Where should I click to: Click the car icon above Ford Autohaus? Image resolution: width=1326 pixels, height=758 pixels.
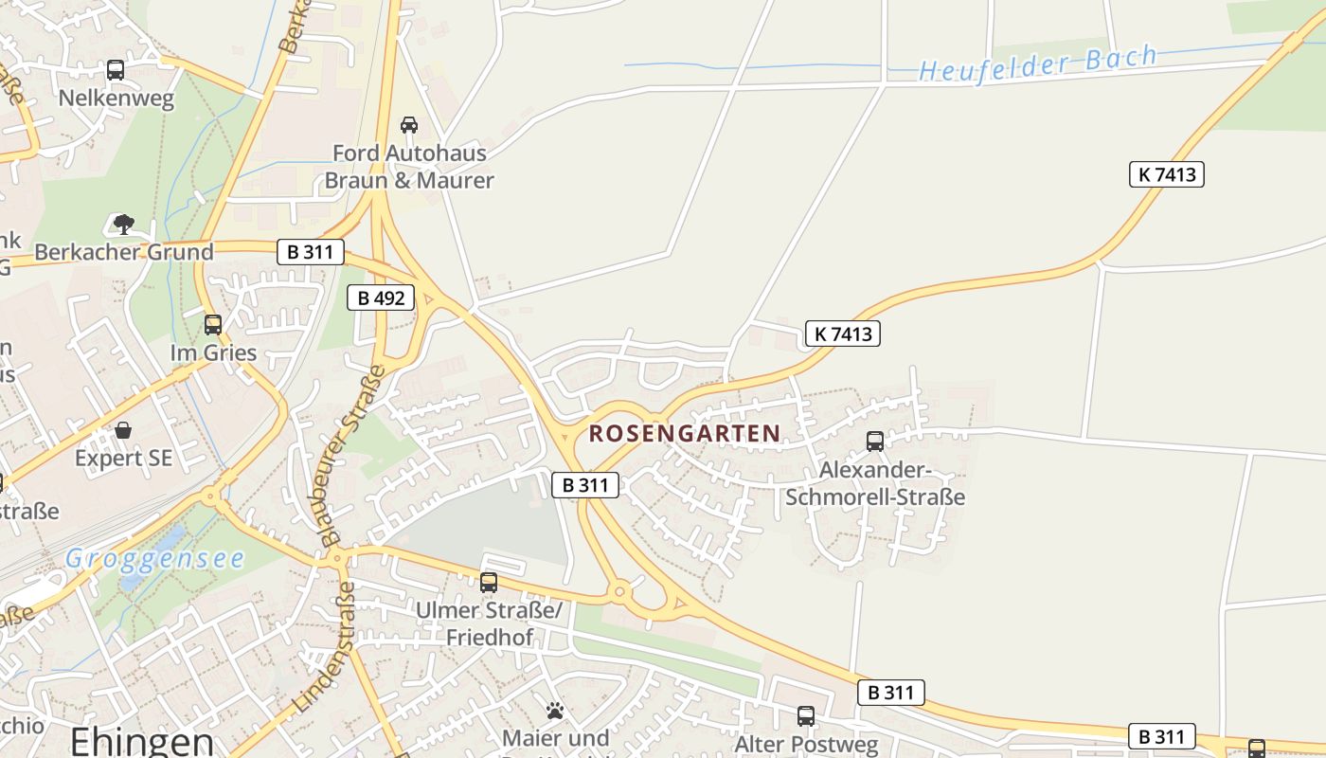click(409, 124)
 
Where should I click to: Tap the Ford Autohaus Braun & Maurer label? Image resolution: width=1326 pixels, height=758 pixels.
click(409, 166)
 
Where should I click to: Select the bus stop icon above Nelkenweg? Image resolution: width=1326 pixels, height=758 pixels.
click(116, 69)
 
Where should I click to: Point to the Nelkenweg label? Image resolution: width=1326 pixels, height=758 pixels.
click(116, 99)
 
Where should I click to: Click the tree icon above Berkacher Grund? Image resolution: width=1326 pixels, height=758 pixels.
click(123, 225)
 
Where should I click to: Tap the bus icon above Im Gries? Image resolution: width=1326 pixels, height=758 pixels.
click(213, 324)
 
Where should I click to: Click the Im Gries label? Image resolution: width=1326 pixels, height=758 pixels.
click(213, 353)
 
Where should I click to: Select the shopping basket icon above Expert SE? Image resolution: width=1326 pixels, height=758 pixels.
click(123, 430)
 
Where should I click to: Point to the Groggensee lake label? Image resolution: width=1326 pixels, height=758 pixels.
click(154, 558)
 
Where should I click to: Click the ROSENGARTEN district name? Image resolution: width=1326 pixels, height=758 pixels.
click(685, 434)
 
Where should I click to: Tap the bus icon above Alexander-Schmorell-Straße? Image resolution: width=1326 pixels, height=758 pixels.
click(875, 441)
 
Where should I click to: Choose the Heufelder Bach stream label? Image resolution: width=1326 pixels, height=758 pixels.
click(1038, 63)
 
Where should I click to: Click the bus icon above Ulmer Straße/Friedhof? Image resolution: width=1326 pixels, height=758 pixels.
click(489, 582)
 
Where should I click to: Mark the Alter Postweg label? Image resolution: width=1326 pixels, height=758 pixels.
click(806, 744)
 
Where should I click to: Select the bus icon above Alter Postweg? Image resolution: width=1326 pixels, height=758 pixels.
click(806, 715)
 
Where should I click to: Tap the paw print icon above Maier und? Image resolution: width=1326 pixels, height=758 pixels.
click(555, 710)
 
